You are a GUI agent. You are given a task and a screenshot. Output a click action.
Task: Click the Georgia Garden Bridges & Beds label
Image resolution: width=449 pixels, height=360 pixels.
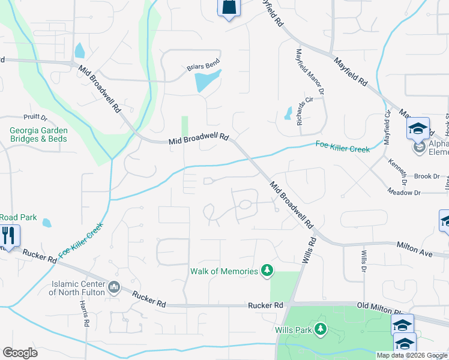coord(38,134)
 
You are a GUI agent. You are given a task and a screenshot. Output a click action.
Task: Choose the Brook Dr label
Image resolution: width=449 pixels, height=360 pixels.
coord(427,176)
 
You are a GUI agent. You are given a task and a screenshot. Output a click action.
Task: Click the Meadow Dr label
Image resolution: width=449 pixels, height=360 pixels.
coord(420,193)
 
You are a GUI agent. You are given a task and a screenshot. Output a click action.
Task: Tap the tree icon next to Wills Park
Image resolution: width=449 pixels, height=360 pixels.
coord(321,329)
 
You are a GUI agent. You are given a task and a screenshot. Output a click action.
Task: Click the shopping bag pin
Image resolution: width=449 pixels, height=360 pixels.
coord(228,7)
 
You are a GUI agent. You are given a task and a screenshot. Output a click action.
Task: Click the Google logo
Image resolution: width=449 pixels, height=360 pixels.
coord(20,353)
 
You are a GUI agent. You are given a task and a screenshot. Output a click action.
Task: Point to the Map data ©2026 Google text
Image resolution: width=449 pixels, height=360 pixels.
coord(412,355)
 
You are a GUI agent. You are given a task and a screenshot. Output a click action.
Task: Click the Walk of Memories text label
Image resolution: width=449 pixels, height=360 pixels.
coord(224,271)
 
